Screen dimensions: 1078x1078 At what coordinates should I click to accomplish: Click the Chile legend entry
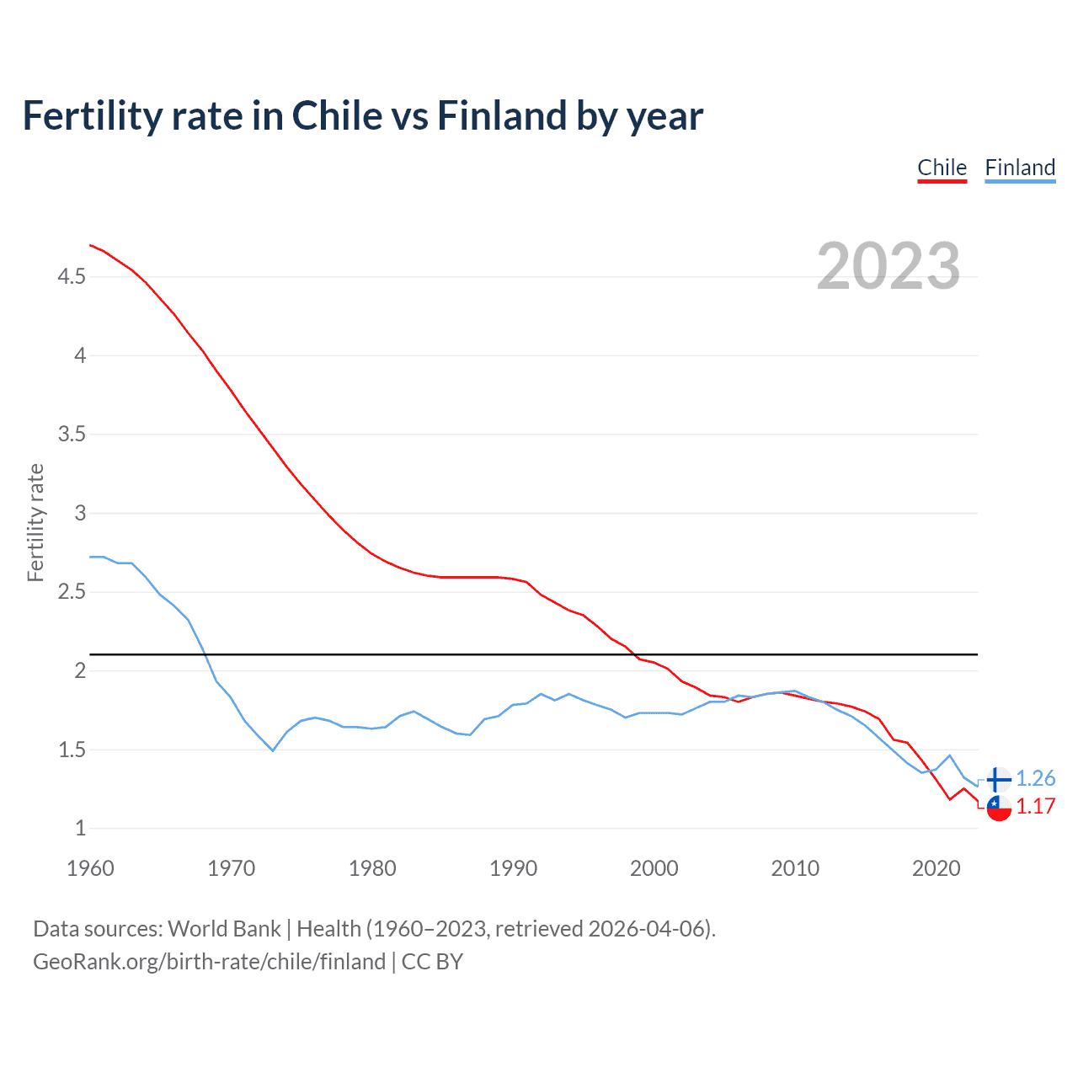click(942, 168)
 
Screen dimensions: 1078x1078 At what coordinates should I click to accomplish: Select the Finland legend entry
click(1020, 168)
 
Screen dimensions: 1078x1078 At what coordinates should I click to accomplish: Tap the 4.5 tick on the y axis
click(72, 276)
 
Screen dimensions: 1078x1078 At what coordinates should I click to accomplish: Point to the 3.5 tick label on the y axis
click(72, 435)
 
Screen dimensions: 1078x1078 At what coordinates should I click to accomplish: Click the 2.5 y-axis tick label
click(72, 592)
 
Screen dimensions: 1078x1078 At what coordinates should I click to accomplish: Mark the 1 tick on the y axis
click(81, 829)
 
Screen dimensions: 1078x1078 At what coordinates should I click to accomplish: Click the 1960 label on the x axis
click(90, 868)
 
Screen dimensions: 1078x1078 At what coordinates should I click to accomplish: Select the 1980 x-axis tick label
click(372, 868)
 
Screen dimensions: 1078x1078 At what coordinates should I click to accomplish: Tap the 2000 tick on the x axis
click(654, 868)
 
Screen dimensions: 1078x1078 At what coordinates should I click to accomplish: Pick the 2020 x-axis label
click(936, 868)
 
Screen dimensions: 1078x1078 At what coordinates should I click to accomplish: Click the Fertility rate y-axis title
click(35, 522)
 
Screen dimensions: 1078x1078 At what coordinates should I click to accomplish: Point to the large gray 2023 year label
click(889, 266)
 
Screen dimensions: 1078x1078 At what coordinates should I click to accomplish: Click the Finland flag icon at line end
click(999, 779)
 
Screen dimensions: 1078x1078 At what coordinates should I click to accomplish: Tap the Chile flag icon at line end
click(999, 808)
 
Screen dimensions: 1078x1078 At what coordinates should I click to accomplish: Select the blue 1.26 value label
click(1035, 778)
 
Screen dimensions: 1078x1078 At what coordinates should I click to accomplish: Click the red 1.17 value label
click(1035, 806)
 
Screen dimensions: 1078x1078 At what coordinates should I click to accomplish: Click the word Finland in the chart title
click(502, 115)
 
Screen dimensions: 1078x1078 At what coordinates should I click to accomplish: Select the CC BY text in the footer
click(432, 962)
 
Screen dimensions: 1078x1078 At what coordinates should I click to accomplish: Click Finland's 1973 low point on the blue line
click(273, 750)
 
